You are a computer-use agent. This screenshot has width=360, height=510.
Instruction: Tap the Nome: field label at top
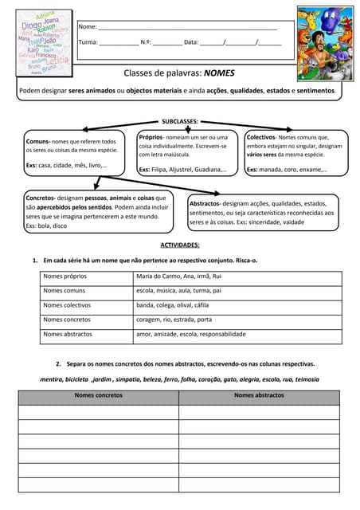pos(88,28)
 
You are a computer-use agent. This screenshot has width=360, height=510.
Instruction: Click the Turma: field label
pos(88,42)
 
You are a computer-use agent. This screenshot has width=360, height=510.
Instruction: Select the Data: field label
pos(191,42)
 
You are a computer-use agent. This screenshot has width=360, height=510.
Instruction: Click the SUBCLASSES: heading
pos(180,121)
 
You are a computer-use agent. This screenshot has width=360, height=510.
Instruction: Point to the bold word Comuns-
pos(37,141)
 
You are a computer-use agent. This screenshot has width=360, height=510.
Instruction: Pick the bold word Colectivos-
pos(260,137)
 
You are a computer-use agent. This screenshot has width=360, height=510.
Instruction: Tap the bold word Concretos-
pos(40,198)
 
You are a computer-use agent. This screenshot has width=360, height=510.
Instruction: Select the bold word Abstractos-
pos(205,203)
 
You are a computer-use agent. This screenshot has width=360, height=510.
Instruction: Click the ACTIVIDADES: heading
pos(180,245)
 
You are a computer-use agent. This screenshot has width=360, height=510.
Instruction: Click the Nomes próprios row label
pos(65,277)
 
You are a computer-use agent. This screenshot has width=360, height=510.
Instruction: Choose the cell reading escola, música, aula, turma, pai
pos(178,291)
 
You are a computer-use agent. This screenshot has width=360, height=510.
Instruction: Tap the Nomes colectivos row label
pos(67,305)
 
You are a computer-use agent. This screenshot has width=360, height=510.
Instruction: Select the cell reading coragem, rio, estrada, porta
pos(174,320)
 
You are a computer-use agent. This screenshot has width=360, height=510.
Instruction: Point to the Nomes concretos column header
pos(98,395)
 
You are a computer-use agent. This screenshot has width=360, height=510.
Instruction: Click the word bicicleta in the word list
pos(77,379)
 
